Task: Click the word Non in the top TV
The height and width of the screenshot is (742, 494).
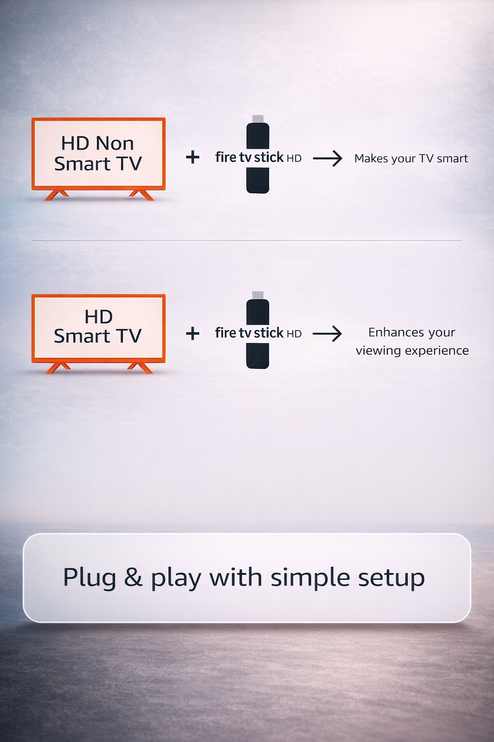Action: point(115,143)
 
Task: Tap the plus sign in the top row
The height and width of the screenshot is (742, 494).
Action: point(192,157)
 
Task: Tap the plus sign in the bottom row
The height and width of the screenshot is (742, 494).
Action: point(192,333)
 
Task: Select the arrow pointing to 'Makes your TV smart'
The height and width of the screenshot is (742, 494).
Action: point(328,158)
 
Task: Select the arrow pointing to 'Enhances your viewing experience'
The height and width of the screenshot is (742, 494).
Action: point(328,333)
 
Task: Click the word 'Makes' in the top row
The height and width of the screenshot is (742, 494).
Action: point(370,158)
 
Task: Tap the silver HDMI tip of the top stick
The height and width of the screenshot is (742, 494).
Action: point(258,119)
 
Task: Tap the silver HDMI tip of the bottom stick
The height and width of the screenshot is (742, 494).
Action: point(258,295)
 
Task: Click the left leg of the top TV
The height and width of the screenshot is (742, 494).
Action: point(56,195)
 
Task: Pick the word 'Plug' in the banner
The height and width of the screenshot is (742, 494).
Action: point(90,578)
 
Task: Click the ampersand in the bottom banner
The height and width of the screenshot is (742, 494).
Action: point(133,577)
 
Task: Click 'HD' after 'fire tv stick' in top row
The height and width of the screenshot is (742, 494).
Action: point(294,158)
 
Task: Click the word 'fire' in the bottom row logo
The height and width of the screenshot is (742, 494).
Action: point(225,333)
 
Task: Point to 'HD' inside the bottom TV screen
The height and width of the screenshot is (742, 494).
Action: point(98,317)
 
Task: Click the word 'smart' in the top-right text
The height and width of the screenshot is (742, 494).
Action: point(452,158)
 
